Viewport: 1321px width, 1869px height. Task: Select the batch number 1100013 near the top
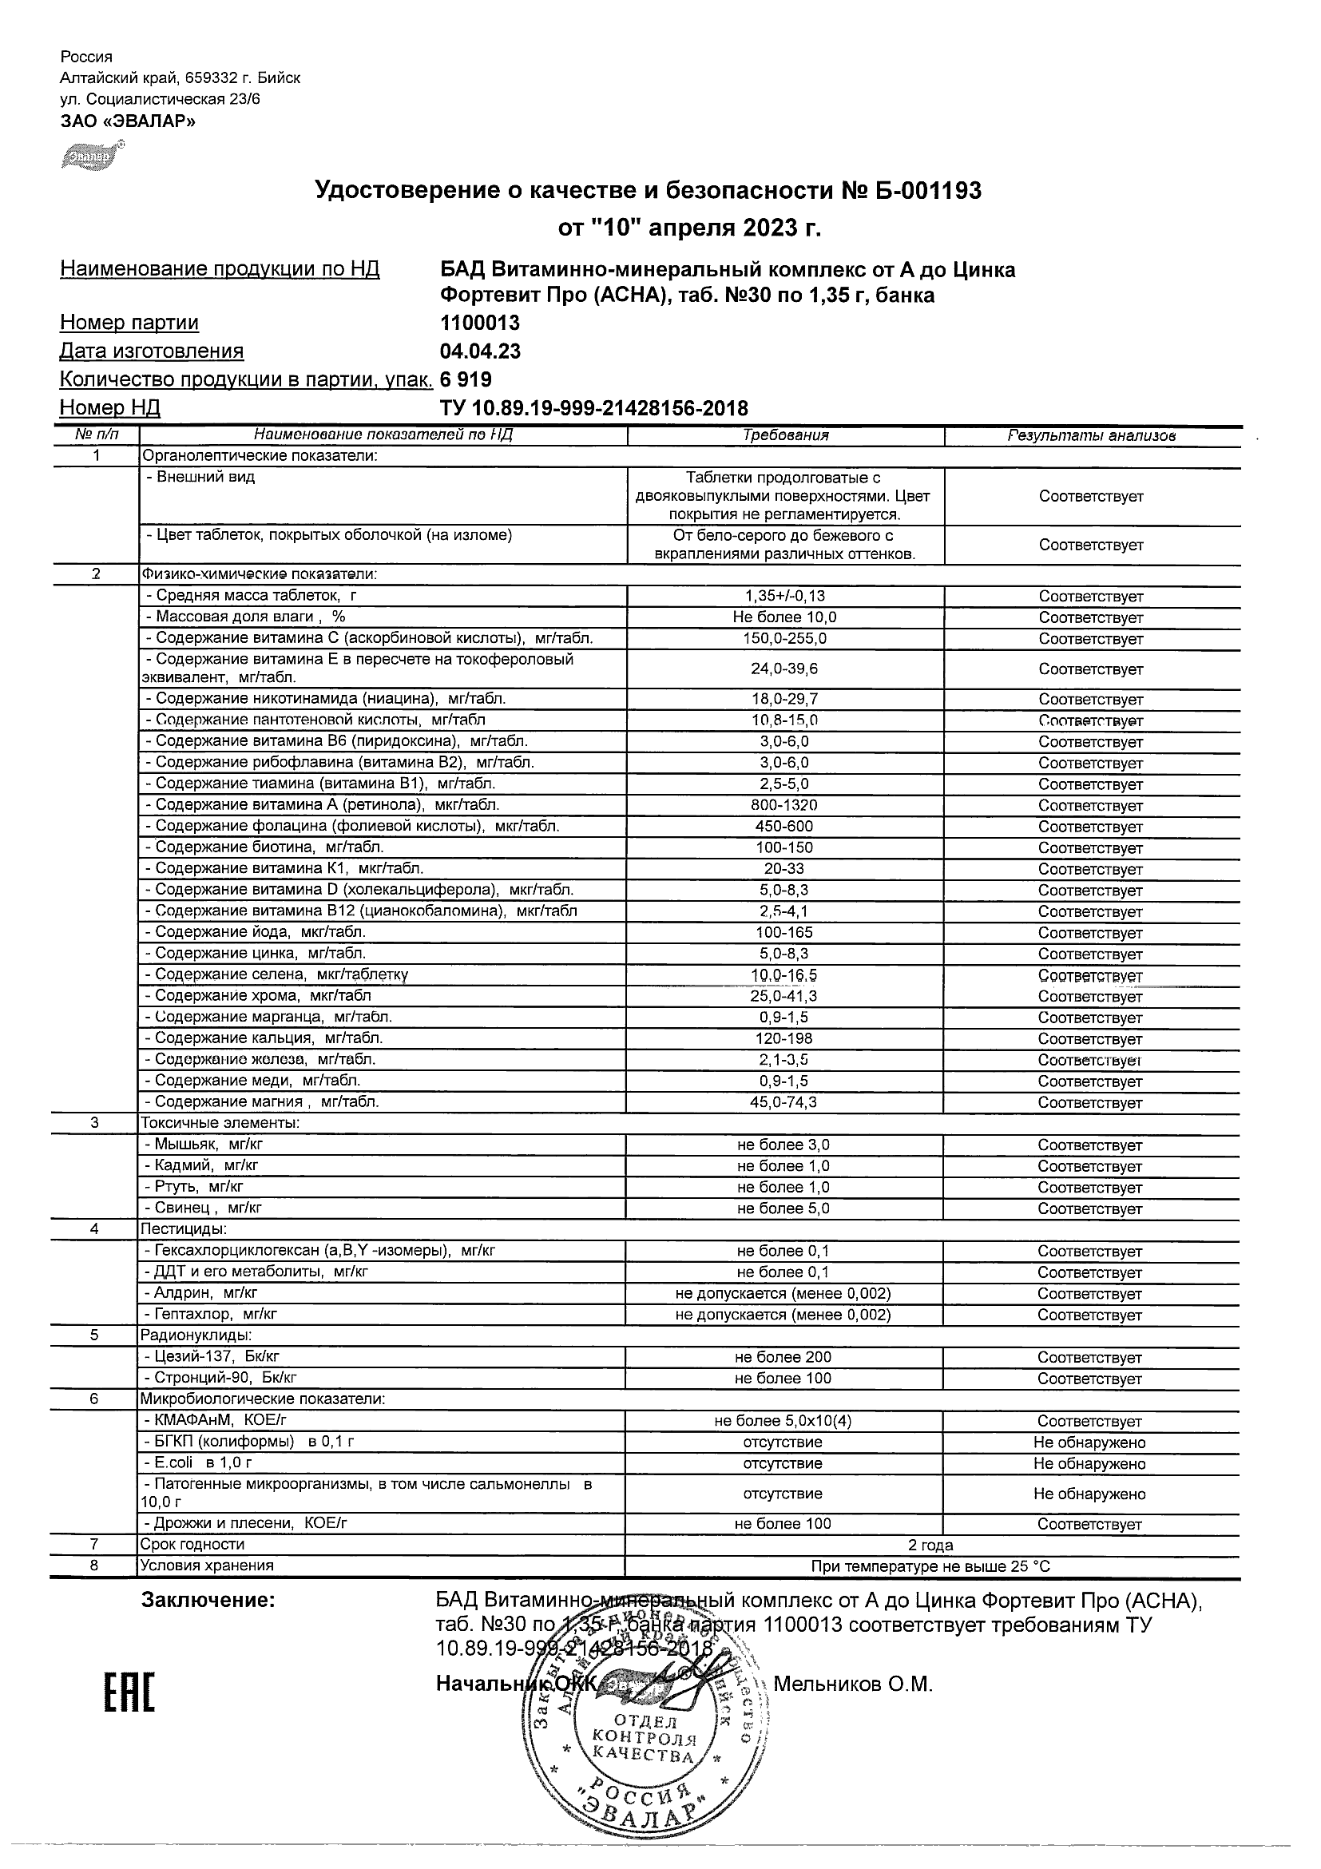[x=479, y=323]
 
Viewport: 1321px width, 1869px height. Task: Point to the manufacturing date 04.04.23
[x=480, y=351]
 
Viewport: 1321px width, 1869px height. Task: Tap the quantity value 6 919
[x=466, y=380]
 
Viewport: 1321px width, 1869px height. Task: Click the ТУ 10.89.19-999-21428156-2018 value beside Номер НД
[x=593, y=408]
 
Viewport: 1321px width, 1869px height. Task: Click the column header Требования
[x=785, y=435]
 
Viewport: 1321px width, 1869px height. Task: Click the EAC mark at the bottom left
[x=129, y=1682]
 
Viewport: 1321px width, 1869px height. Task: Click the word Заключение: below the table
[x=208, y=1601]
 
